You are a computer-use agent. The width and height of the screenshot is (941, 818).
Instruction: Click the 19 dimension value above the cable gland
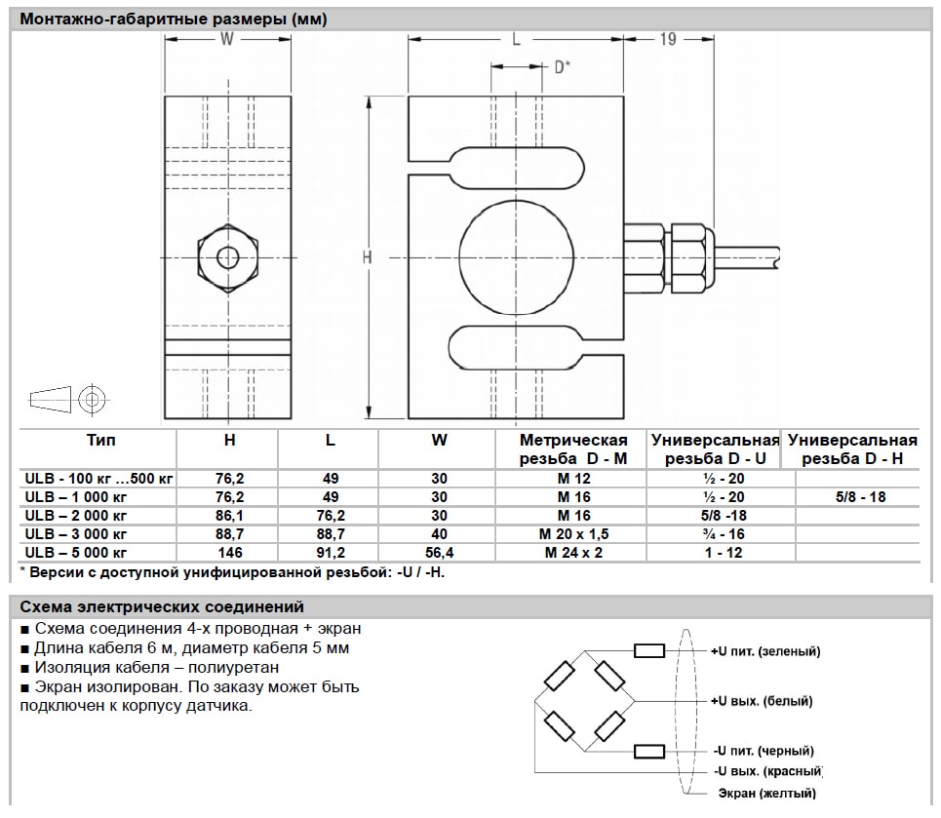pos(669,39)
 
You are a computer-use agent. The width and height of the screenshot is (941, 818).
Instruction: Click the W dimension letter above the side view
pos(227,39)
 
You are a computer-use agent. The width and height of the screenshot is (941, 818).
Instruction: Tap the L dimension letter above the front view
pos(516,39)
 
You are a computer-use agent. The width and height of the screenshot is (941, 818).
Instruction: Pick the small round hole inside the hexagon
pos(227,257)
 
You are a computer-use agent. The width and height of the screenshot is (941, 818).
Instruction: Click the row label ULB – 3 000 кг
pos(77,535)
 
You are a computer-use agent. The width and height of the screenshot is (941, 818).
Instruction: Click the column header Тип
pos(100,440)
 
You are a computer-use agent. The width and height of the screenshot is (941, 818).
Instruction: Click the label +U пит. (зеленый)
pos(765,650)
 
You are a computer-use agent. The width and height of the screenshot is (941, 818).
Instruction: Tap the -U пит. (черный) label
pos(762,751)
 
